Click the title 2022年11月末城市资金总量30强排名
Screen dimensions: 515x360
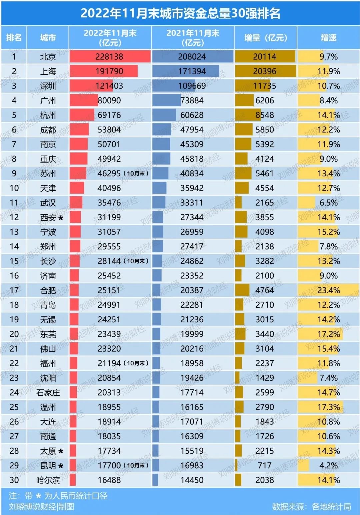tap(180, 13)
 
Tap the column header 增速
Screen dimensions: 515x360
tap(328, 38)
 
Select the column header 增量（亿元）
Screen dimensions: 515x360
tap(265, 38)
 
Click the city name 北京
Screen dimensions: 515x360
tap(48, 57)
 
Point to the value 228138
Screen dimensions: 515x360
tap(109, 57)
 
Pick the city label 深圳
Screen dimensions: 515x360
tap(48, 86)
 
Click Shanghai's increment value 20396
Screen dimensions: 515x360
tap(265, 71)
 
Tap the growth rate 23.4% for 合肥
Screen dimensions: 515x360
tap(328, 290)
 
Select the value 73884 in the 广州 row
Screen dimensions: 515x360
tap(192, 100)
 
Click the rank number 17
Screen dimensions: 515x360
tap(14, 290)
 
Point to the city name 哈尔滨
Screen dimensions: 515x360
tap(48, 480)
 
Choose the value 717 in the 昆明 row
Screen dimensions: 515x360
tap(265, 466)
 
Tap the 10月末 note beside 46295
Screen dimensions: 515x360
tap(136, 174)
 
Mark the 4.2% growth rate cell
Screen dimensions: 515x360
tap(328, 466)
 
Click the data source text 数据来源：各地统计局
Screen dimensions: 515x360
tap(311, 507)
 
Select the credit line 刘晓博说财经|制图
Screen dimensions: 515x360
tap(42, 507)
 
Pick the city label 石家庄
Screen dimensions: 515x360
tap(48, 393)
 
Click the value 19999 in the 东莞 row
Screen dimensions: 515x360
tap(192, 334)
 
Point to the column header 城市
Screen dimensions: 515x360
tap(48, 38)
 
